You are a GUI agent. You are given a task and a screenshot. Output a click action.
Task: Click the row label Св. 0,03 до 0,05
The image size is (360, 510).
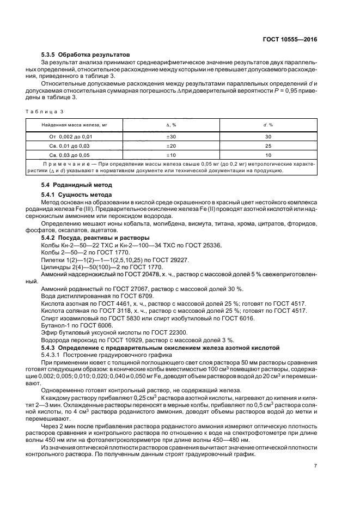[x=75, y=155]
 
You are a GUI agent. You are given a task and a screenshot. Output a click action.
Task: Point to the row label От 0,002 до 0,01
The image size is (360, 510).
[x=75, y=136]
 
